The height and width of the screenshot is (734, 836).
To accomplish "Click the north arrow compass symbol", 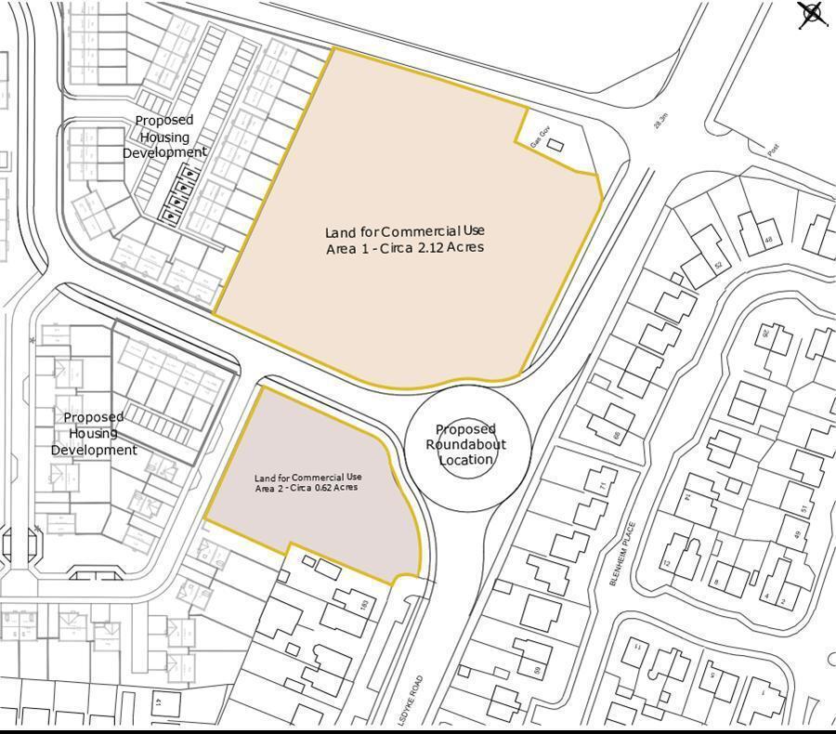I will pos(812,14).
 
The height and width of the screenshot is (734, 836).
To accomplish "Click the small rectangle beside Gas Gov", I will pos(555,146).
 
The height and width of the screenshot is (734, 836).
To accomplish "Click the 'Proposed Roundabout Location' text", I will pos(466,444).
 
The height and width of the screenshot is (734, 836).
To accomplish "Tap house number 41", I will pos(158,703).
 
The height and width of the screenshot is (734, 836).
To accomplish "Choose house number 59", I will pos(537,669).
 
